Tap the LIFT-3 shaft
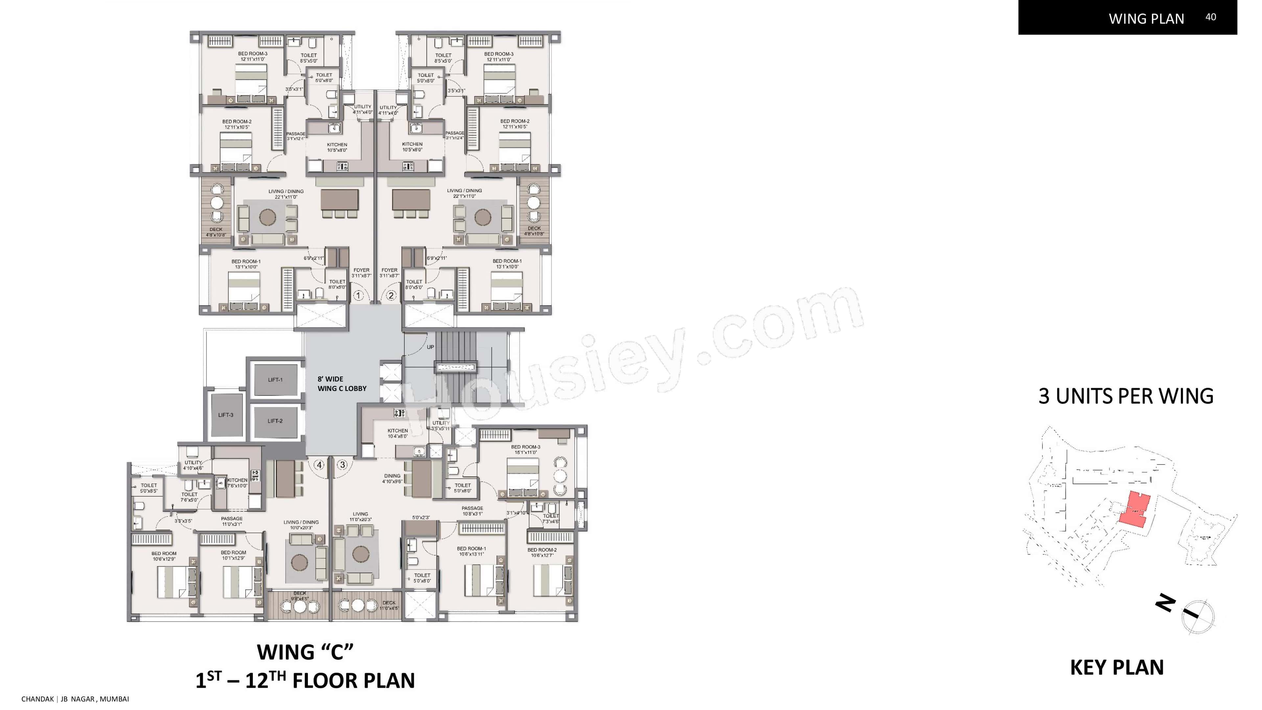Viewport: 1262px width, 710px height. click(226, 415)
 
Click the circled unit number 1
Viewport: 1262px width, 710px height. click(359, 296)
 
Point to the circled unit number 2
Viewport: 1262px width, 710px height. click(391, 296)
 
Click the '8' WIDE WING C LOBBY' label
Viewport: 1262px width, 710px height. click(341, 384)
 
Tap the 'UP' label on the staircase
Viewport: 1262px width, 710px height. click(430, 347)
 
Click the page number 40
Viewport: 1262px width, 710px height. click(1210, 17)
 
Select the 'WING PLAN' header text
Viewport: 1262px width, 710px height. click(1146, 19)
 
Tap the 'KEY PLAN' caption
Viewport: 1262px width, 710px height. click(1116, 667)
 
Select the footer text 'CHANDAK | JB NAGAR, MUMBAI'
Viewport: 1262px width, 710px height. click(75, 699)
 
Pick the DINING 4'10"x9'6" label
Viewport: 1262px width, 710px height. click(392, 478)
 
